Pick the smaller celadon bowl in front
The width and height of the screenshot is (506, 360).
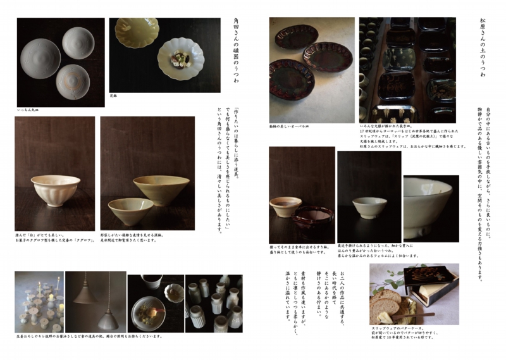[131, 211]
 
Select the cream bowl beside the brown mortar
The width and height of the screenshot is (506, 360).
[285, 206]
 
